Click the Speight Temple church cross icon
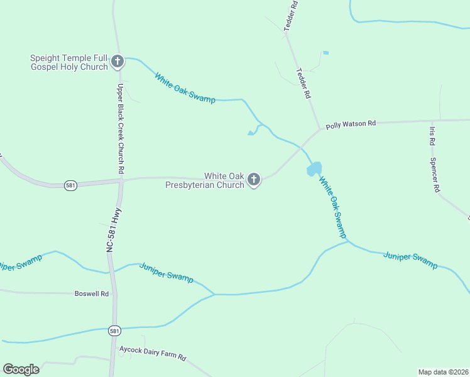[117, 62]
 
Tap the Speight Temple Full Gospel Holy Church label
[69, 62]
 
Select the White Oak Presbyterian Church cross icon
[254, 180]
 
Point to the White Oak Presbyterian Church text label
[205, 180]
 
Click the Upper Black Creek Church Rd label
[120, 128]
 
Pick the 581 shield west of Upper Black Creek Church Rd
[71, 186]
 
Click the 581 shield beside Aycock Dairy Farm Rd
[114, 330]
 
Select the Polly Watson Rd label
[351, 124]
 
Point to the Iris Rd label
[432, 136]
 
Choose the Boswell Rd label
[92, 293]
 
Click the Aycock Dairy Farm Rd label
[153, 352]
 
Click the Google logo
[21, 369]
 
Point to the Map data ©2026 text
[443, 372]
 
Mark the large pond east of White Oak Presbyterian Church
[314, 169]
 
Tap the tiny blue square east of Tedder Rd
[325, 53]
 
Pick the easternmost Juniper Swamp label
[410, 260]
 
